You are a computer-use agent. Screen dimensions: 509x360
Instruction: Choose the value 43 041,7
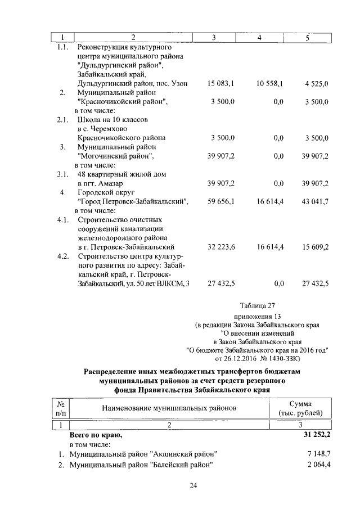coord(316,201)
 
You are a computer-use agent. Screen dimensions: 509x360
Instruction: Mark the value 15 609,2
coord(316,247)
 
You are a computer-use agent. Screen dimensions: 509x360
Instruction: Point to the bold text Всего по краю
coord(95,435)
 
